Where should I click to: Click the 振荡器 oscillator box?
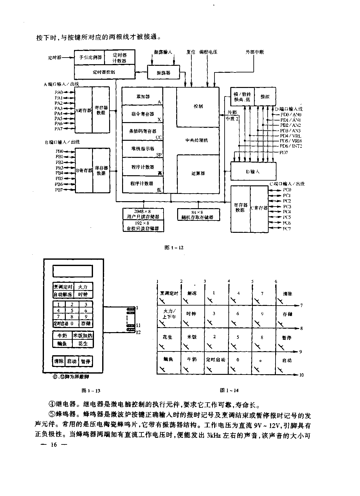point(163,72)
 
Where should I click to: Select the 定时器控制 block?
point(104,72)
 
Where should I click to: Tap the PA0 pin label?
point(59,92)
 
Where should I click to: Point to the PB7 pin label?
point(59,190)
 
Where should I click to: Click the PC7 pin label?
point(287,228)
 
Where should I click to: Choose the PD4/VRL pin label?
point(290,136)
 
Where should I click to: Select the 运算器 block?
point(198,173)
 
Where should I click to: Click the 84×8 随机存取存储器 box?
point(199,215)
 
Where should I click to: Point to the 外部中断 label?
point(255,52)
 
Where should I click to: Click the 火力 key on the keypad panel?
point(83,287)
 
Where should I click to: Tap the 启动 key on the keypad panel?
point(72,361)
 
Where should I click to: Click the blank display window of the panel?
point(73,271)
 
